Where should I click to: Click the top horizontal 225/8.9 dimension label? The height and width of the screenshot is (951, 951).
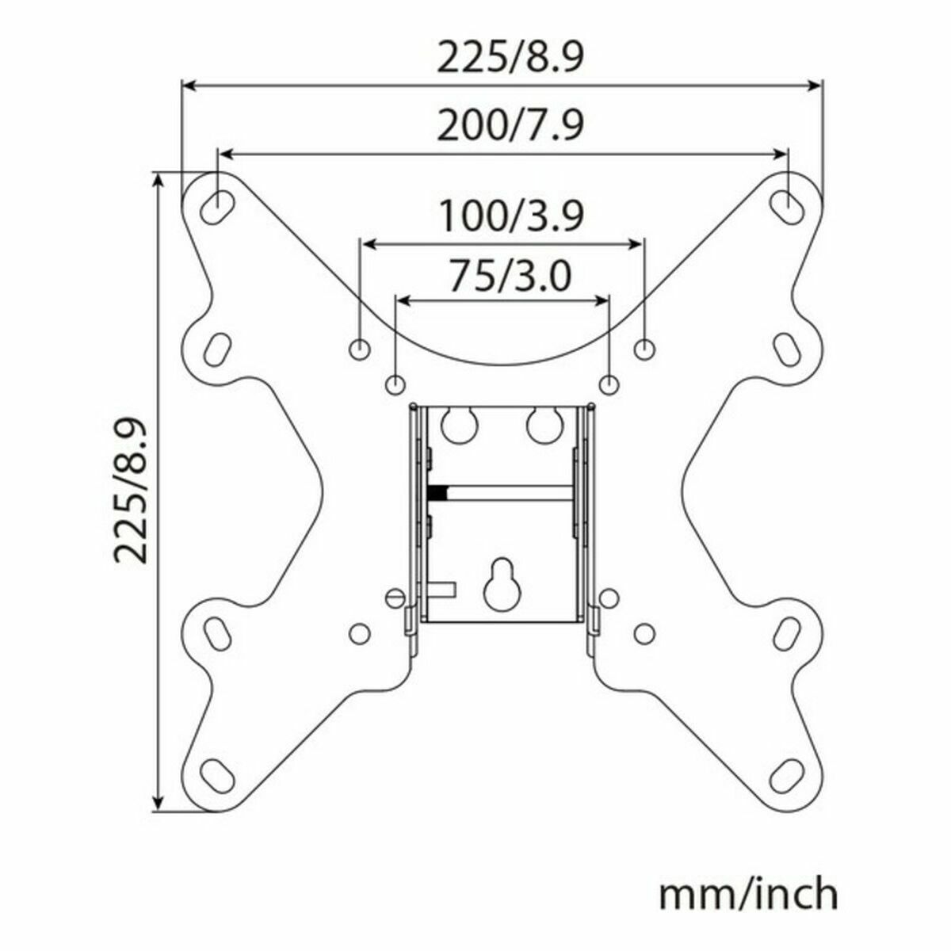pyautogui.click(x=510, y=59)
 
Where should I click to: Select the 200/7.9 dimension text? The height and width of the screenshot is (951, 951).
pyautogui.click(x=510, y=126)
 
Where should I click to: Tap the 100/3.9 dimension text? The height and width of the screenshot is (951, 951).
pyautogui.click(x=510, y=216)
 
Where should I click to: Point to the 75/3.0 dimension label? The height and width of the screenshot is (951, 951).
pyautogui.click(x=509, y=277)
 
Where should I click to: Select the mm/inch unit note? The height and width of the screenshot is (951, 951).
pyautogui.click(x=748, y=894)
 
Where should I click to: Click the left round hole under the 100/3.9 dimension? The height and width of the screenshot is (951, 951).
pyautogui.click(x=360, y=348)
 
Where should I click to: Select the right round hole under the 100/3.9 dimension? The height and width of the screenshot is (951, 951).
pyautogui.click(x=645, y=348)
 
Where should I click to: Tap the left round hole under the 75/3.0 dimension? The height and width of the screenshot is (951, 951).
pyautogui.click(x=395, y=384)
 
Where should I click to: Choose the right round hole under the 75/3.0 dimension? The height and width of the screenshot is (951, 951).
pyautogui.click(x=609, y=384)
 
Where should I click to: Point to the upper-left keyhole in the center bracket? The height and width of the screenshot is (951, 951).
pyautogui.click(x=457, y=423)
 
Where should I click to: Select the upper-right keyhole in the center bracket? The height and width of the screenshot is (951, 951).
pyautogui.click(x=543, y=423)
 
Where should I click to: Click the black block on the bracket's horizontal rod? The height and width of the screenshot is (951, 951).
pyautogui.click(x=435, y=492)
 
